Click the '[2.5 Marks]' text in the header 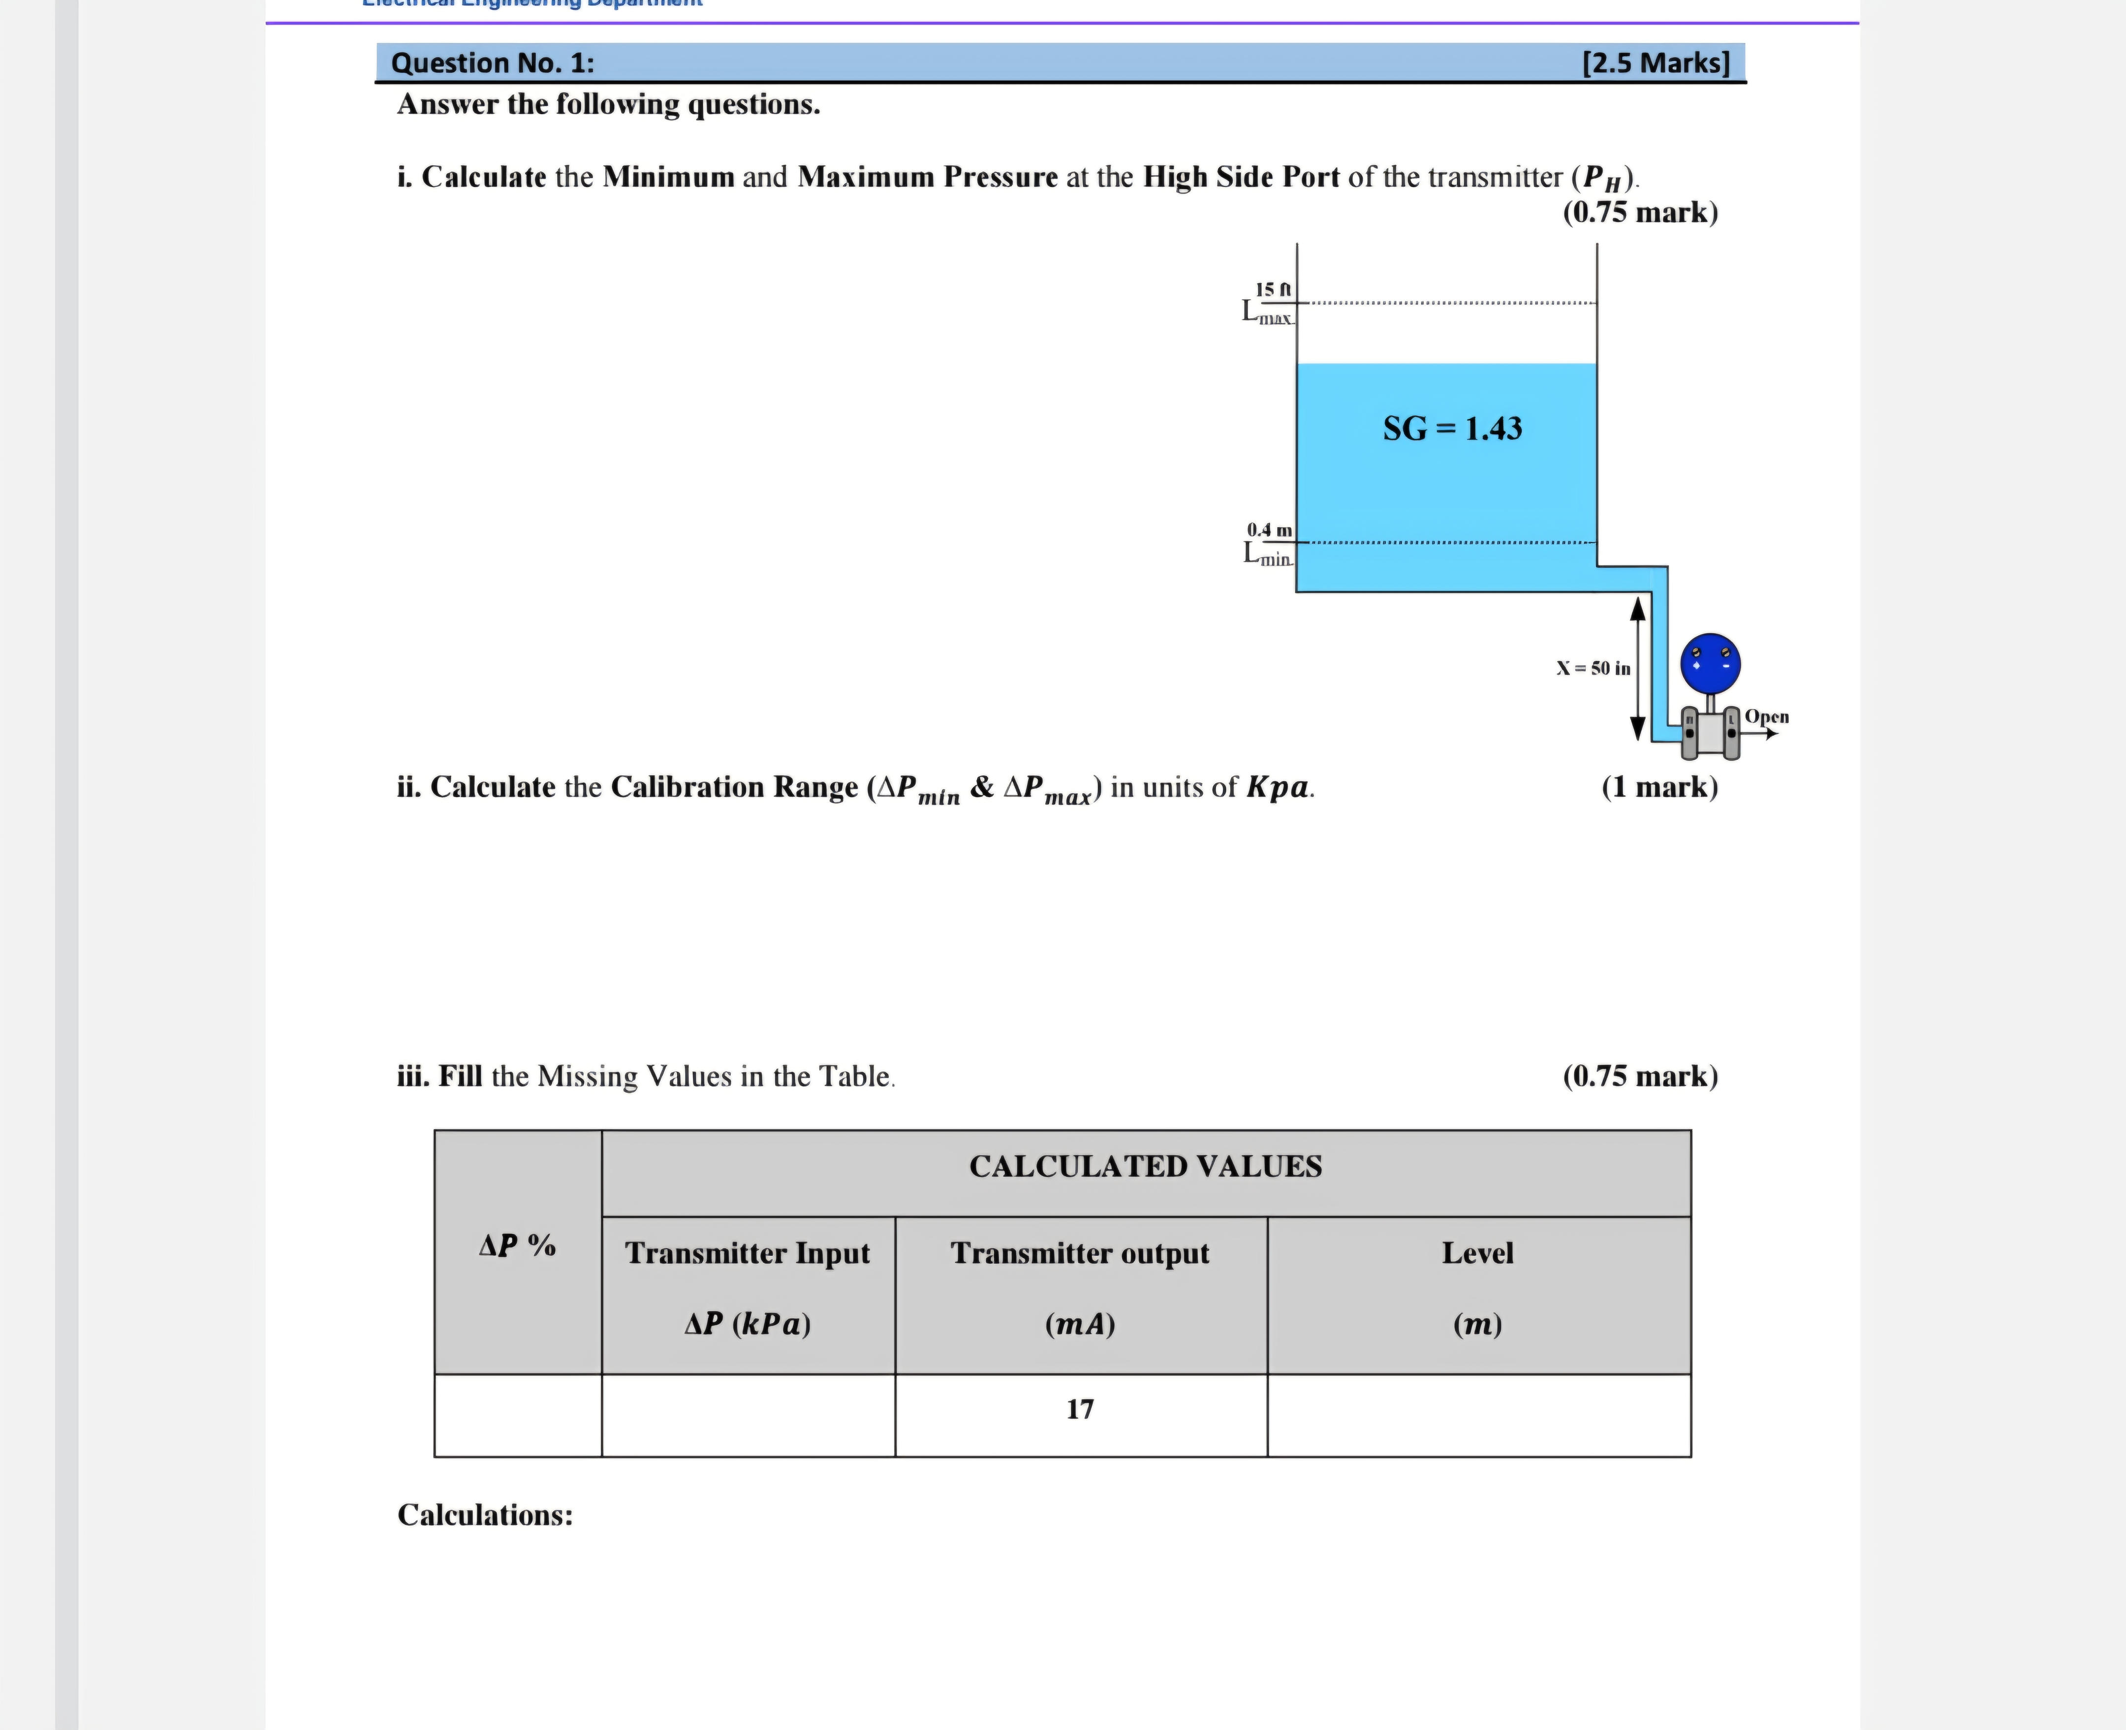coord(1656,63)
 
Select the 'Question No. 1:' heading coord(493,63)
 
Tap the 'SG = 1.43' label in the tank coord(1452,429)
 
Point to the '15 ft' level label coord(1273,289)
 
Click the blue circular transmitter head coord(1710,663)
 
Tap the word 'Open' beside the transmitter coord(1766,716)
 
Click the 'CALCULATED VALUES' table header coord(1145,1166)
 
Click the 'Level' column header coord(1477,1253)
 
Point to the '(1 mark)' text coord(1659,787)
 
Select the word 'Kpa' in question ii coord(1278,787)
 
